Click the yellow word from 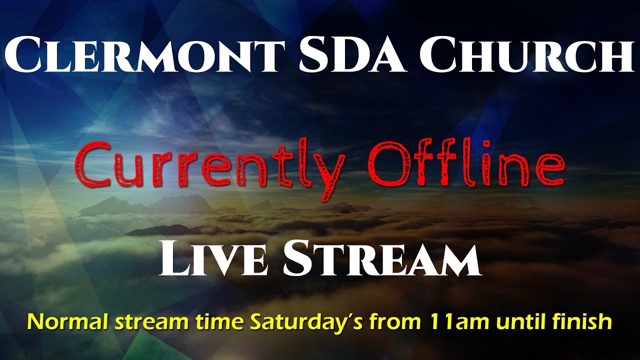tap(392, 321)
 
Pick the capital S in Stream tap(294, 259)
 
